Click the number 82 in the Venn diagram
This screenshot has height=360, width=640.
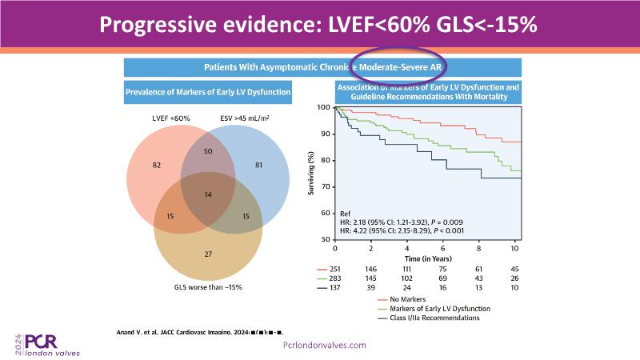[x=157, y=164]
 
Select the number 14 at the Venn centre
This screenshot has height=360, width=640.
[x=209, y=194]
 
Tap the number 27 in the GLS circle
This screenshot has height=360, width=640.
[x=209, y=254]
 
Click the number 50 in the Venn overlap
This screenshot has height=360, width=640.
[x=209, y=150]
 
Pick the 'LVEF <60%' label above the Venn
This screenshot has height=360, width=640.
[x=170, y=120]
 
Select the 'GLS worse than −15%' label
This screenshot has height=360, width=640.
[x=209, y=286]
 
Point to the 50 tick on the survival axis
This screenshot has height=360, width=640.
[x=325, y=240]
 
